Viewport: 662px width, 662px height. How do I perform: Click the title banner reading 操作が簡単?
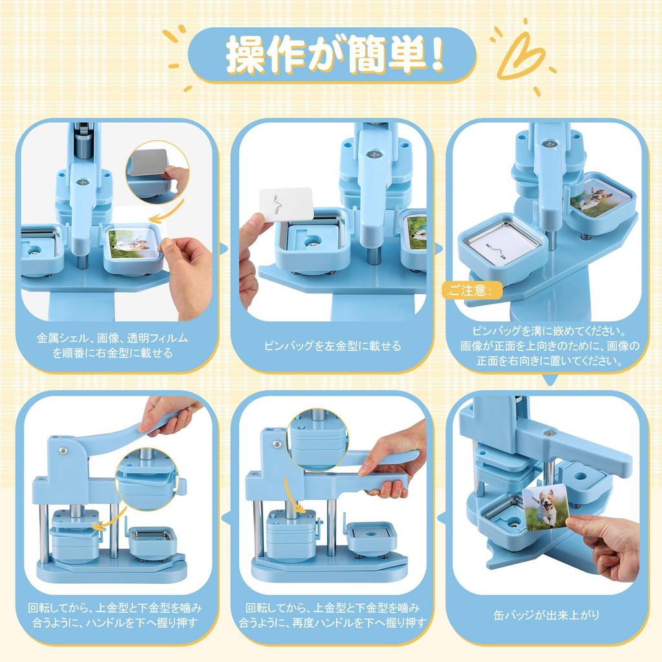(x=332, y=55)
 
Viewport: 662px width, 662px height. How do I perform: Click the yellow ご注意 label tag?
(x=472, y=290)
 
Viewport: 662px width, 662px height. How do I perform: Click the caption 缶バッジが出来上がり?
(x=547, y=615)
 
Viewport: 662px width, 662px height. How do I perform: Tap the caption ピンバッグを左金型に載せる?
(x=333, y=347)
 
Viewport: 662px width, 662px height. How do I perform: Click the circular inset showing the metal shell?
(x=158, y=171)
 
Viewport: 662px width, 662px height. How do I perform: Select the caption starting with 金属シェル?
(x=112, y=345)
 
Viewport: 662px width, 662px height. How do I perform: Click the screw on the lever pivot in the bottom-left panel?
(x=63, y=450)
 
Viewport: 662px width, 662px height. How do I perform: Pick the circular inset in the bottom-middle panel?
(x=317, y=440)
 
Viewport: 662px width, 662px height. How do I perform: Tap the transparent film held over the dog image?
(x=134, y=234)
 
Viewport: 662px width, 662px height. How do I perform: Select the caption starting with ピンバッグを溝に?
(x=549, y=347)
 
